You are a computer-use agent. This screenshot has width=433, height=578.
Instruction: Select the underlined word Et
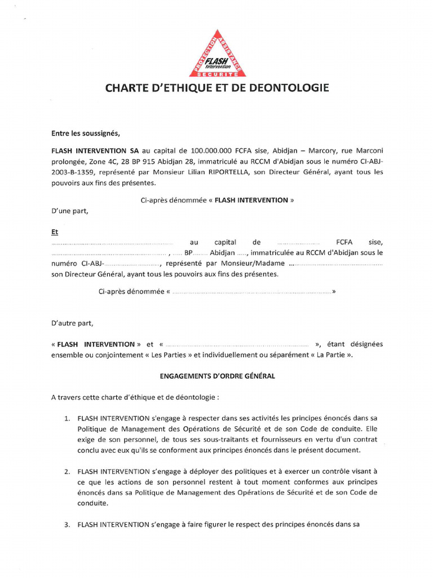click(54, 232)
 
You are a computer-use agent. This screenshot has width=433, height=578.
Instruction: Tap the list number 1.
click(66, 418)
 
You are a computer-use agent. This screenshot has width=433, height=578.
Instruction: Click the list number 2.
click(66, 471)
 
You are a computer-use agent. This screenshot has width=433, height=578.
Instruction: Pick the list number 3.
click(66, 524)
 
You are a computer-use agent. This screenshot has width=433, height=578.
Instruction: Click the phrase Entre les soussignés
click(86, 134)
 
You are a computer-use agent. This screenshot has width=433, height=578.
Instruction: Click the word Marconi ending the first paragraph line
click(369, 151)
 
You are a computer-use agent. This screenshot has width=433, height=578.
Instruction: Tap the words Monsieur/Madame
click(259, 264)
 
